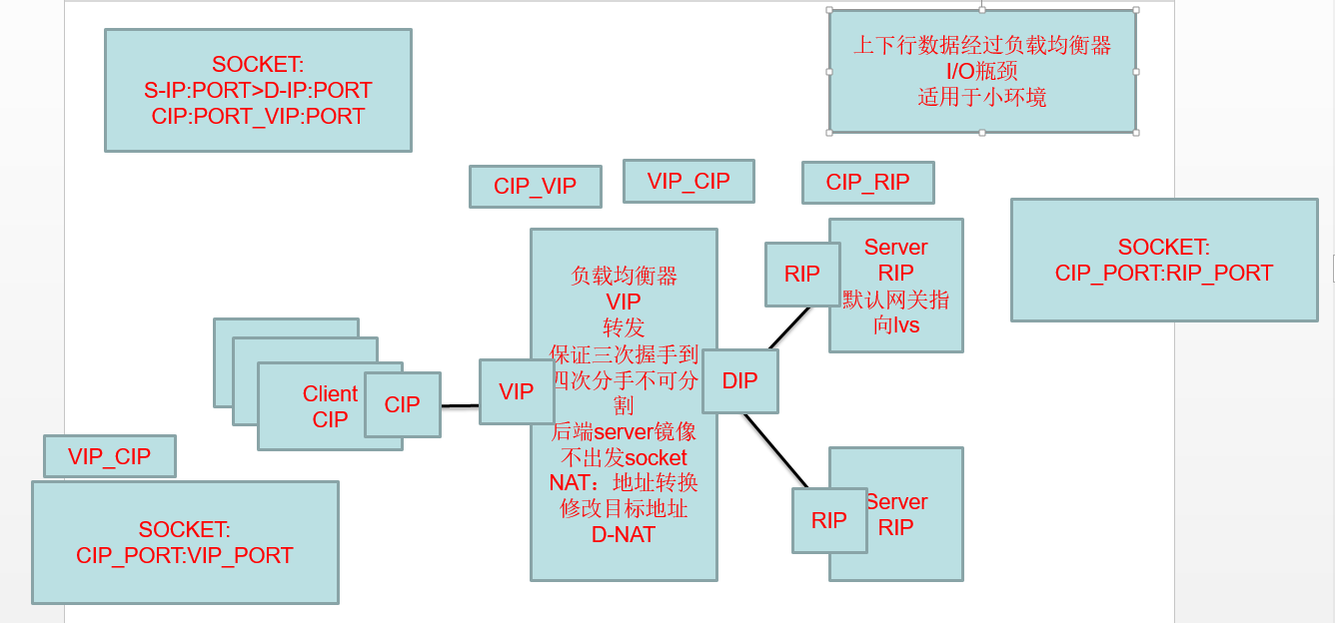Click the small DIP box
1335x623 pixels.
(x=739, y=380)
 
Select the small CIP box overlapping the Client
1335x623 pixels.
(x=402, y=404)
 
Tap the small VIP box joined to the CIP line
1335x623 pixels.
(x=516, y=391)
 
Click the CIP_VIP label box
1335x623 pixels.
(x=535, y=187)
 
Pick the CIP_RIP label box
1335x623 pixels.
(x=867, y=183)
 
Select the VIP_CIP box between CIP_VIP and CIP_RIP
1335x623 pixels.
(x=688, y=181)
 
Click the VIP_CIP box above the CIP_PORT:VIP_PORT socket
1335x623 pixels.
(x=110, y=456)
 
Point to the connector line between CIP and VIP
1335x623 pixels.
(x=460, y=405)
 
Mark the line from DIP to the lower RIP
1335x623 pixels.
(x=776, y=451)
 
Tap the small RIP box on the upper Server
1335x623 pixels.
(x=801, y=274)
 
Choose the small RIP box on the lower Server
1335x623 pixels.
(x=828, y=520)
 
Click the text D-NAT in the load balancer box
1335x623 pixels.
(x=624, y=534)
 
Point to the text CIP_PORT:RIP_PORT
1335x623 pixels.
(x=1163, y=273)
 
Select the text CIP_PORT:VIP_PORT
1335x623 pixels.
(x=185, y=555)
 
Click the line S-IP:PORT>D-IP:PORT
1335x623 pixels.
(x=258, y=90)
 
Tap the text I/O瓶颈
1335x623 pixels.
(x=981, y=71)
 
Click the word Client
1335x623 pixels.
(x=330, y=393)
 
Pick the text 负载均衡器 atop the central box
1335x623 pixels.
(x=624, y=276)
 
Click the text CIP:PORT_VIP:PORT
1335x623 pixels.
(x=258, y=116)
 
